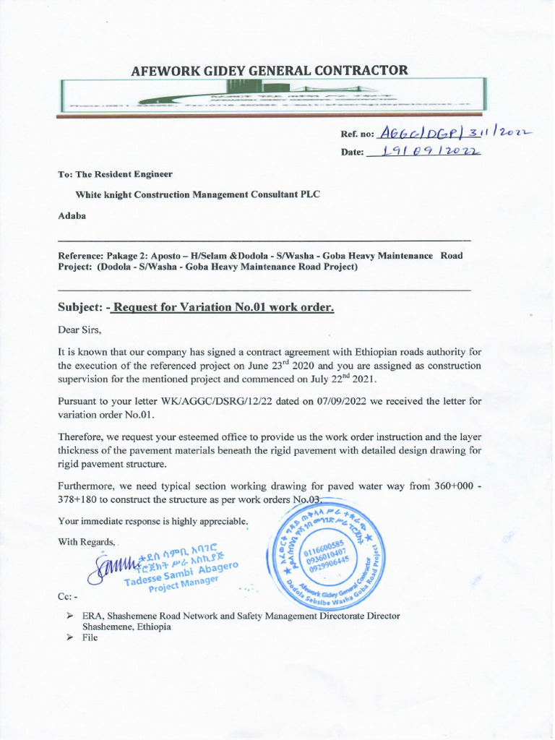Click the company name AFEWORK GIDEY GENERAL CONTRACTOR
[269, 70]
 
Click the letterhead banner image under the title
[273, 95]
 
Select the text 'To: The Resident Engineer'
[115, 174]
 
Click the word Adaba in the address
[72, 215]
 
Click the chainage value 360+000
[455, 486]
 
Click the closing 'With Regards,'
[87, 542]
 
